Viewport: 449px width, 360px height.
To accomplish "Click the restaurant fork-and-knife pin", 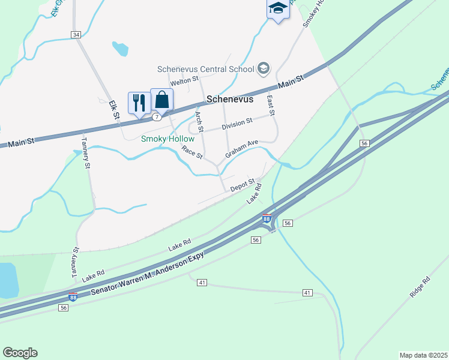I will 139,103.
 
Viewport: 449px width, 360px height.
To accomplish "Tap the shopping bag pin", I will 162,99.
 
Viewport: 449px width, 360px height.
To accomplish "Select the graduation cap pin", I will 277,8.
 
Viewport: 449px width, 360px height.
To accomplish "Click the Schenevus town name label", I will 230,99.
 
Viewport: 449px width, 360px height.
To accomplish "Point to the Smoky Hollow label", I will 167,139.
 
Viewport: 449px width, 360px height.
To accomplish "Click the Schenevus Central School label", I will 206,69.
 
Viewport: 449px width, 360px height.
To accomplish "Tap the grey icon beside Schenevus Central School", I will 263,69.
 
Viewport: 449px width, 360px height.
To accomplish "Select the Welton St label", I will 184,80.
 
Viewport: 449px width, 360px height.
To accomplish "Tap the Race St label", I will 193,152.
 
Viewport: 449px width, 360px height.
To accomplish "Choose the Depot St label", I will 244,185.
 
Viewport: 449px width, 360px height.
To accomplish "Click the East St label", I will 271,106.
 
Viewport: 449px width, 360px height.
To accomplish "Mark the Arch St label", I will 200,121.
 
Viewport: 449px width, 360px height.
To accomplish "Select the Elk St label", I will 115,109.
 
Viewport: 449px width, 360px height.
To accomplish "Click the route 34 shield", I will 76,35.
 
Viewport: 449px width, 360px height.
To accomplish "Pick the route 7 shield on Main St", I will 156,117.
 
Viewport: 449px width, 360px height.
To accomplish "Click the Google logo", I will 20,353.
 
